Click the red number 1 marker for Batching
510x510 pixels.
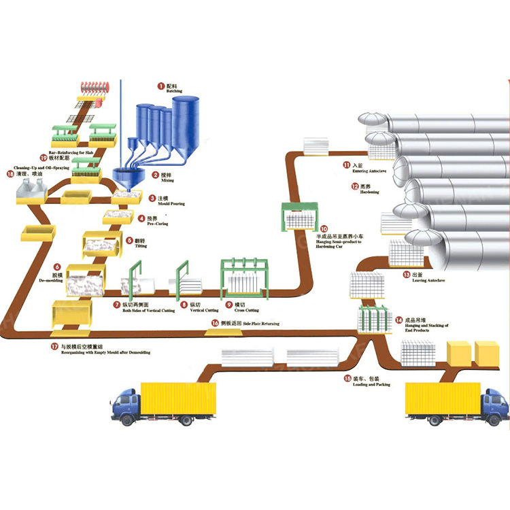coord(160,86)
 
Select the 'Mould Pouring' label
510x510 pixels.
coord(170,203)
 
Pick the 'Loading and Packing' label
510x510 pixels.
coord(361,385)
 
